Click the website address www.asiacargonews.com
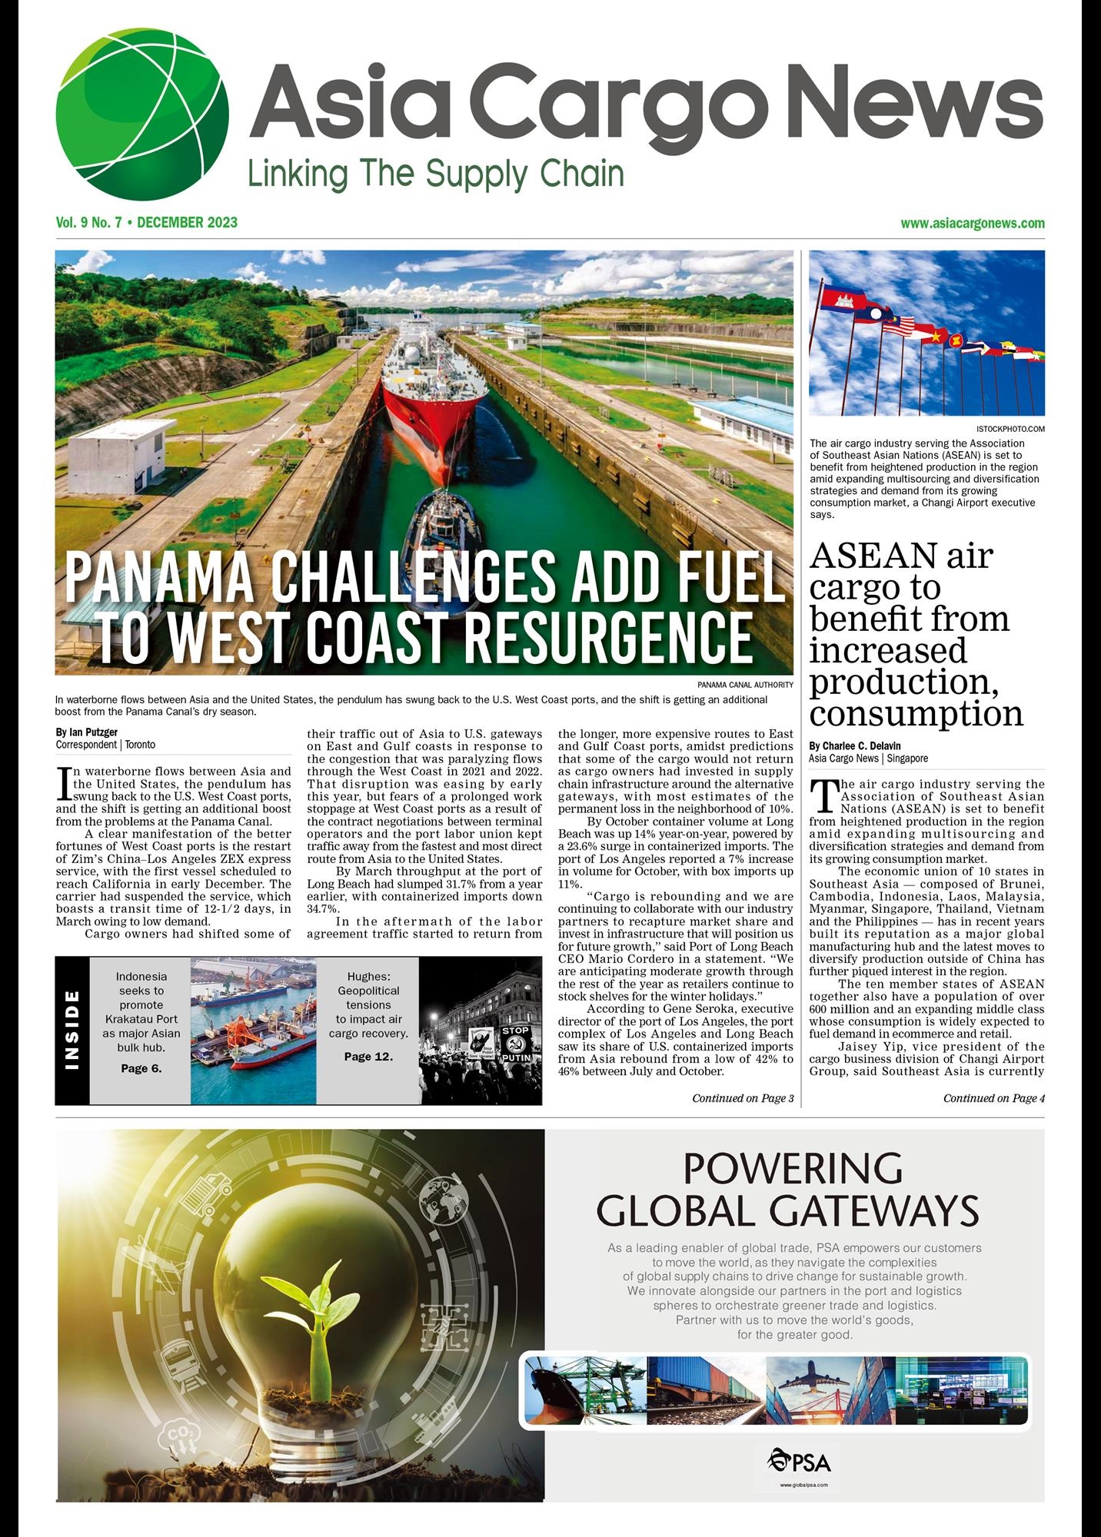tap(972, 224)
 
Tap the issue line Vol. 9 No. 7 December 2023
tap(146, 223)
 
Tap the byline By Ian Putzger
tap(86, 732)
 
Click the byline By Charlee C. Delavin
tap(854, 745)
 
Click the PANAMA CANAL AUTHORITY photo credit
tap(745, 684)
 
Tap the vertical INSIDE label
tap(73, 1030)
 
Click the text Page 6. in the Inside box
tap(141, 1068)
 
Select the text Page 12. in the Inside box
tap(368, 1057)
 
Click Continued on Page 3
tap(743, 1098)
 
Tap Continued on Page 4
tap(993, 1098)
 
